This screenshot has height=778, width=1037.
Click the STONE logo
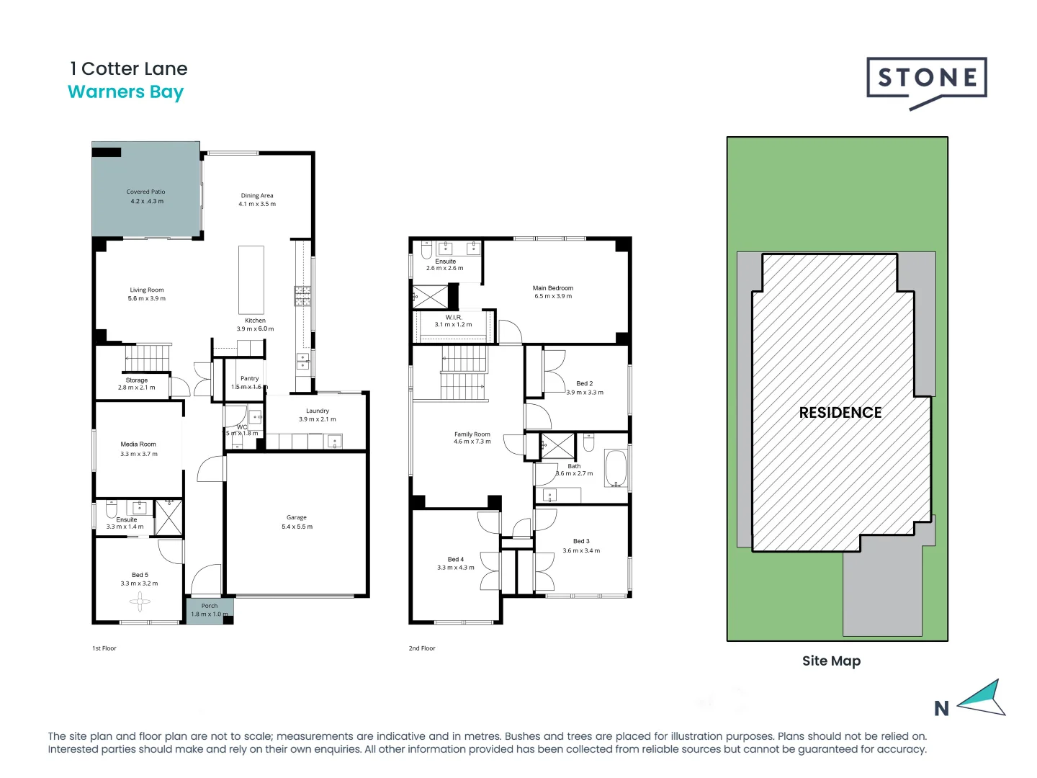[926, 79]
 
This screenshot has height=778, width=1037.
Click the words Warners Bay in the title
[126, 92]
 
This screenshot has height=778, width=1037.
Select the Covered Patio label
[146, 192]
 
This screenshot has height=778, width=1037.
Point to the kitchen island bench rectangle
[251, 280]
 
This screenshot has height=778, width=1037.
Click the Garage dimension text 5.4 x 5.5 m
[297, 527]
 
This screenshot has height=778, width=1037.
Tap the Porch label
[210, 606]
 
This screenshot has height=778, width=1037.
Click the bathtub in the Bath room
[616, 468]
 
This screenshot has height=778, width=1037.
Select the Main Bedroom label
[553, 288]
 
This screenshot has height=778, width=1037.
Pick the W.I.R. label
[454, 317]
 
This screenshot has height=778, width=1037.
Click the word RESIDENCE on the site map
[840, 413]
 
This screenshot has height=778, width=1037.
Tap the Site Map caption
[831, 661]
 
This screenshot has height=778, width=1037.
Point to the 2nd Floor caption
[422, 648]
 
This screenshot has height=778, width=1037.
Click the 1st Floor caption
[104, 648]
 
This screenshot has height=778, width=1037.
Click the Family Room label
[472, 434]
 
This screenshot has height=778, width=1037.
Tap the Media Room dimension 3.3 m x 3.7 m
[139, 454]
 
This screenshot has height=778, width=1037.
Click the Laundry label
[318, 411]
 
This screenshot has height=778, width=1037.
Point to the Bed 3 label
[581, 541]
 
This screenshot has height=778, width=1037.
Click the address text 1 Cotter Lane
[129, 69]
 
